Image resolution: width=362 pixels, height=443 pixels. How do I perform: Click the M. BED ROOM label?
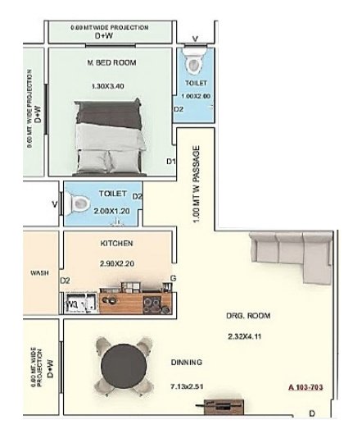[111, 63]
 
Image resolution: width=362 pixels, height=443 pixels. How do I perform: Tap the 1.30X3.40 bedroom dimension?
[111, 85]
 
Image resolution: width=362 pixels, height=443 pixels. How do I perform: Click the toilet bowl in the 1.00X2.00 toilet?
[195, 63]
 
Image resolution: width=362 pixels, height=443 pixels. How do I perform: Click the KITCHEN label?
[116, 244]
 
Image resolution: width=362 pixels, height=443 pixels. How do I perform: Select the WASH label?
[38, 273]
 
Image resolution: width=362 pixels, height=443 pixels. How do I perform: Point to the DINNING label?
[187, 363]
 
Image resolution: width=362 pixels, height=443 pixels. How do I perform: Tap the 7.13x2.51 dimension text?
[188, 385]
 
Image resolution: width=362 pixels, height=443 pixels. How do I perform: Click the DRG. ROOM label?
[248, 315]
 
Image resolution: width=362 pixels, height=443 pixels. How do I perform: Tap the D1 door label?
[171, 161]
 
